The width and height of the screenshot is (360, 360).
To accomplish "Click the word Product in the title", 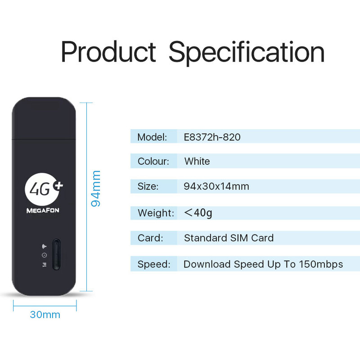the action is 108,51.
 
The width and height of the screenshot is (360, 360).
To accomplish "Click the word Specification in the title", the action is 247,53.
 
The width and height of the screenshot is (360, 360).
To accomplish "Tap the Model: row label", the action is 152,137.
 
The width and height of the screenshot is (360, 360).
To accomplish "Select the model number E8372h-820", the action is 212,137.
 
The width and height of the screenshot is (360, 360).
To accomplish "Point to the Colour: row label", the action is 153,162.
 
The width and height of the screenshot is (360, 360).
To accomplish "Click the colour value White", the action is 197,161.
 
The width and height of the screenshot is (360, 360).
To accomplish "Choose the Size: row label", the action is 148,186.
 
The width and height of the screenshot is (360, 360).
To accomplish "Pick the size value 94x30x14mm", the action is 216,186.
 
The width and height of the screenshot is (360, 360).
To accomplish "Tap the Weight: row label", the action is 156,213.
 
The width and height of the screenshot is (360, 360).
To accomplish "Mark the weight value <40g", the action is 198,213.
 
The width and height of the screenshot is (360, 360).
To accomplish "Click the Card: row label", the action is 150,238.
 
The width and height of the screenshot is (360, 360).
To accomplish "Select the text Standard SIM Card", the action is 229,238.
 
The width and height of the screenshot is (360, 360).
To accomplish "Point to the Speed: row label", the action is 154,265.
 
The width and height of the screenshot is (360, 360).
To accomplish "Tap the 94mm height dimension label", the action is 96,189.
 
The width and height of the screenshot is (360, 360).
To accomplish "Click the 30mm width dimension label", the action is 45,315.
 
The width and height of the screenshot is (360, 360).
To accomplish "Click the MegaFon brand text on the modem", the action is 43,210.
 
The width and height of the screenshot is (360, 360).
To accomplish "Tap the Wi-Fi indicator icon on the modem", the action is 44,246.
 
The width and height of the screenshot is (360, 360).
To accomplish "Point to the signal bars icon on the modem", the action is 45,265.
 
